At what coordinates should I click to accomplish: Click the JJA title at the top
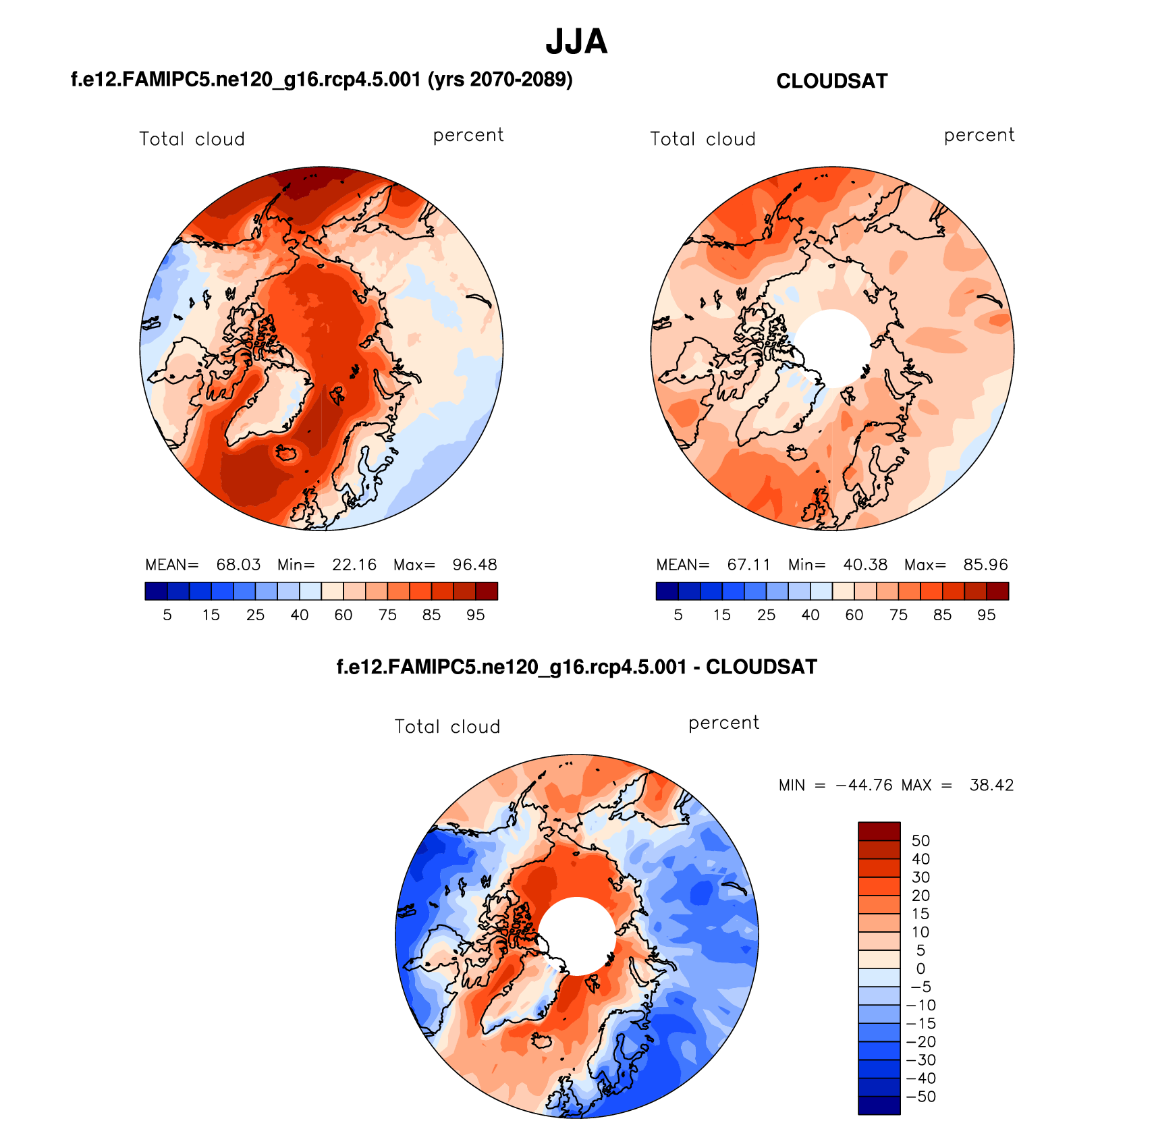click(x=576, y=42)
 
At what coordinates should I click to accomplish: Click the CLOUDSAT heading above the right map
click(x=831, y=81)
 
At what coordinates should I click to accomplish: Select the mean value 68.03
click(x=238, y=564)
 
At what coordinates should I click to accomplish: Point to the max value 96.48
click(x=474, y=564)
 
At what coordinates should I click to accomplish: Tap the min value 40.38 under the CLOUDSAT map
click(x=865, y=564)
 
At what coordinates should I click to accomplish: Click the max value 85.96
click(x=985, y=564)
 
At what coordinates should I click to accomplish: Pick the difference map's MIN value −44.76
click(x=864, y=785)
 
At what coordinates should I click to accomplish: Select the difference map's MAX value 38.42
click(x=991, y=785)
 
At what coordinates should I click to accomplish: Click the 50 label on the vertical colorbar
click(x=921, y=841)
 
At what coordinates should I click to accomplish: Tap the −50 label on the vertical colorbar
click(x=921, y=1096)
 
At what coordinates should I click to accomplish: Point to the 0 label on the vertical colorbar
click(x=921, y=968)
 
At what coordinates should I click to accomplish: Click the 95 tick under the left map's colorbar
click(x=476, y=615)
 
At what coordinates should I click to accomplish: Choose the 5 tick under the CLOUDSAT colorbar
click(x=678, y=615)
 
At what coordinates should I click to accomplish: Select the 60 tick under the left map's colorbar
click(x=344, y=615)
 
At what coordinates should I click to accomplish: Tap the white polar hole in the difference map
click(x=577, y=935)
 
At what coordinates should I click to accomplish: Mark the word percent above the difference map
click(x=723, y=723)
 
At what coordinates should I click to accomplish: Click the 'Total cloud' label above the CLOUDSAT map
click(x=703, y=139)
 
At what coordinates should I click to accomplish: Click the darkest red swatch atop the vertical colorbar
click(x=879, y=831)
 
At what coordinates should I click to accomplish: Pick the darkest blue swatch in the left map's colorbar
click(x=156, y=591)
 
